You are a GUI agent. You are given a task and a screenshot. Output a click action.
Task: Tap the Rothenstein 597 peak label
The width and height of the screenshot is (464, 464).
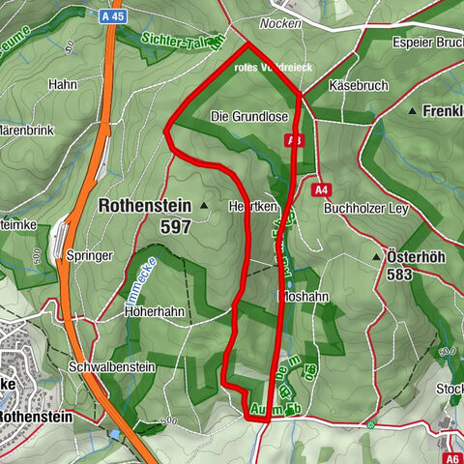point(144,216)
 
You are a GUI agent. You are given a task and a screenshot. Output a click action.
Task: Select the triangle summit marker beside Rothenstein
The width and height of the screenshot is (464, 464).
point(204,206)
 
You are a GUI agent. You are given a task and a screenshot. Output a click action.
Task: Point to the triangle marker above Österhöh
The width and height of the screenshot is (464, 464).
point(376,257)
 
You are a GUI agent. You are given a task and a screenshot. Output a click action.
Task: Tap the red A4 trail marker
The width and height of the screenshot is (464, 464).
point(323,189)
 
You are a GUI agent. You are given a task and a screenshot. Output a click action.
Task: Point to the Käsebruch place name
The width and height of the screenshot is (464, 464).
point(358,86)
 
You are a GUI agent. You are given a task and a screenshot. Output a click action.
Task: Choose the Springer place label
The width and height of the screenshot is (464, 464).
point(91,256)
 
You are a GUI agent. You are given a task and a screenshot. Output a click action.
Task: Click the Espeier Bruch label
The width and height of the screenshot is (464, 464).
point(426,42)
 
